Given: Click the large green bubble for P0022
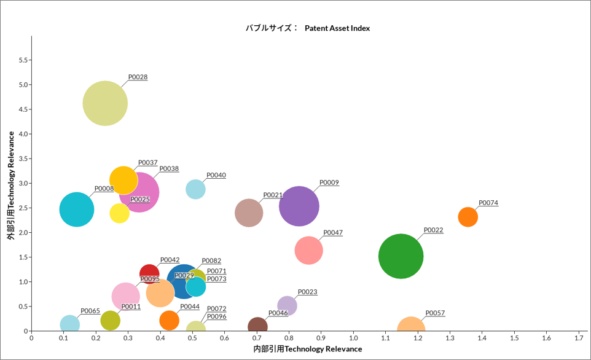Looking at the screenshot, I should [401, 256].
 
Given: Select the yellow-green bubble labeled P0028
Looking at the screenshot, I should [105, 103].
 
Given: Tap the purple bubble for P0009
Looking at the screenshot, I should [299, 206].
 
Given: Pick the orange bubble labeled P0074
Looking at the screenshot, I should [468, 216].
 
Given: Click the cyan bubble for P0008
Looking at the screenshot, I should [77, 209].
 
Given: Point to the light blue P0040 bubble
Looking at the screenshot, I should [195, 189].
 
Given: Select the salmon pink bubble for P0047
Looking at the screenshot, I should [308, 250].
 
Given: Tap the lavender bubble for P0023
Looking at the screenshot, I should [287, 305].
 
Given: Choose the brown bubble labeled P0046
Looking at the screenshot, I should [257, 326].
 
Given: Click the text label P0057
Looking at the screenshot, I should [435, 313].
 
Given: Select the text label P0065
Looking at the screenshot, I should [90, 311].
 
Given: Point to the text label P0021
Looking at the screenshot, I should [273, 195].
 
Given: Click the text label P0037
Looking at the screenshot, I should [147, 163].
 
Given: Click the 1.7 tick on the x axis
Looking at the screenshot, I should [579, 338].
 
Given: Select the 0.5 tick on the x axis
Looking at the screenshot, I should [192, 338].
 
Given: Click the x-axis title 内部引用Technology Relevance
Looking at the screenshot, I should [307, 349].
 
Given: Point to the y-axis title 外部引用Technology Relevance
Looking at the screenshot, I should [10, 184].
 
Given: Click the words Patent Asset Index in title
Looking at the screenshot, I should [337, 28].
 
